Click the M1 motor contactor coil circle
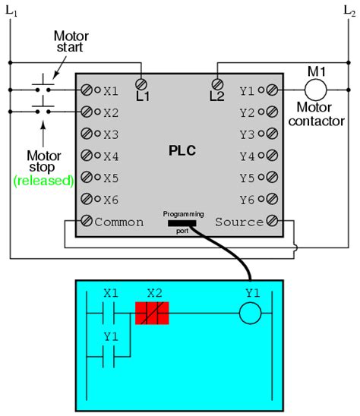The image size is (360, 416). point(315,90)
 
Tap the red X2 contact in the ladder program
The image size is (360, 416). point(151,313)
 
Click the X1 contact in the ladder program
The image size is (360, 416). point(111,313)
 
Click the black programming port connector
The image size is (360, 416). point(181,223)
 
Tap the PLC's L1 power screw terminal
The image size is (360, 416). point(141,84)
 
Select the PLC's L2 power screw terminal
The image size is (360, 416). point(218,84)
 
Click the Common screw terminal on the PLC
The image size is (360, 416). point(87,222)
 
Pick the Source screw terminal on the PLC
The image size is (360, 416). point(272,222)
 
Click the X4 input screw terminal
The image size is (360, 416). point(87,156)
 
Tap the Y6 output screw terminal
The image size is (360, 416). point(272,200)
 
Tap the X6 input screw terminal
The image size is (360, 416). point(87,200)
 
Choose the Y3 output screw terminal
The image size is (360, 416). point(272,134)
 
